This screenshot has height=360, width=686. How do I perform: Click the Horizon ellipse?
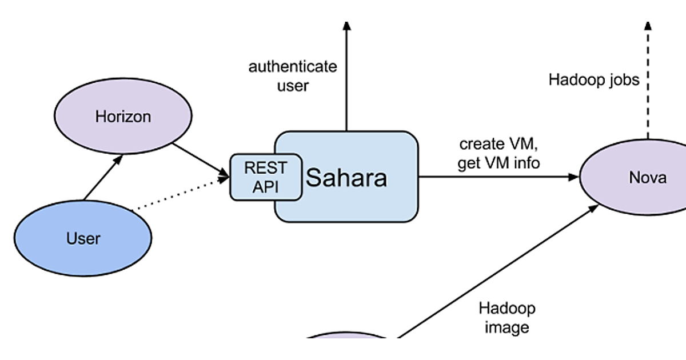123,117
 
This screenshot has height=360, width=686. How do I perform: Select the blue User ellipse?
83,238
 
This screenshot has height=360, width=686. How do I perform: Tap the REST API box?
266,177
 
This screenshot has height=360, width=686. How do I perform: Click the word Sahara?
346,178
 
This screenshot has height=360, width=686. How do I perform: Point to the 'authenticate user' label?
292,76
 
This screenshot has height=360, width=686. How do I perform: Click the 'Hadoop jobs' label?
594,79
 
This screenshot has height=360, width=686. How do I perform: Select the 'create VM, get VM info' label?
498,154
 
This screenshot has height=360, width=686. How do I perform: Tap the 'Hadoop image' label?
507,318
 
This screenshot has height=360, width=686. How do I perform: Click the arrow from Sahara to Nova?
497,177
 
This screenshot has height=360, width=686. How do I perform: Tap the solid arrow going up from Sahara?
346,80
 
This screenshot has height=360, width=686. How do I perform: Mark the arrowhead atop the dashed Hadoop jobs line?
648,26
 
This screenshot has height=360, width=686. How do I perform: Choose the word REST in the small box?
266,169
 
